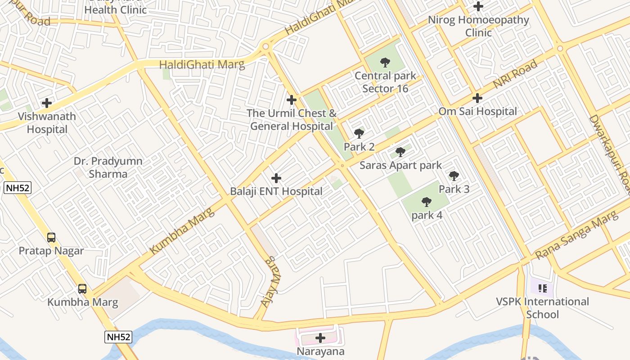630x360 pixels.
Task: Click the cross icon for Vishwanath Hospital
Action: (x=47, y=103)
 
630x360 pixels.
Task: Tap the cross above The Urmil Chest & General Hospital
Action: (x=292, y=99)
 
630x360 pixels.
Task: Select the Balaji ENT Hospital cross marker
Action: (x=276, y=178)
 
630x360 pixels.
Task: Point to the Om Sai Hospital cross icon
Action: (x=477, y=98)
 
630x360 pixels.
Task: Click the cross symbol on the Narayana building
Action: (x=320, y=337)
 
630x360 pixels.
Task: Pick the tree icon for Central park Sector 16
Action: (x=385, y=63)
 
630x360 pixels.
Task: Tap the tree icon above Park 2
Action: (x=359, y=134)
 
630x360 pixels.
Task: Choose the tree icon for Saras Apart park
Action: (x=400, y=152)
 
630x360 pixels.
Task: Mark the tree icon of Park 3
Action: (x=454, y=176)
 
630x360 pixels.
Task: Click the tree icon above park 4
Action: (x=427, y=202)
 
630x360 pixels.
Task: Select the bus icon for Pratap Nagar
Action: (x=51, y=237)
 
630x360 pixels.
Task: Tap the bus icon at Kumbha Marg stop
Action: (x=82, y=288)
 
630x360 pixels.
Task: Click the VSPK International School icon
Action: (x=542, y=288)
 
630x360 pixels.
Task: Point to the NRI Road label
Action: (x=515, y=74)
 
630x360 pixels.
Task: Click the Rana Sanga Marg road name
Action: (x=577, y=236)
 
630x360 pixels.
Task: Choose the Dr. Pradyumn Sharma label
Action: (x=108, y=167)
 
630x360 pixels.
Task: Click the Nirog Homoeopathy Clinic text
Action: (x=478, y=26)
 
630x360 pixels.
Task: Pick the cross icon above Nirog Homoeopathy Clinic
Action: (x=478, y=6)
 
